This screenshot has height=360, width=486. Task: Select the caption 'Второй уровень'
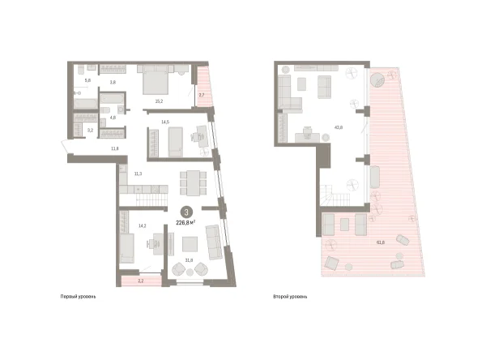(x=290, y=298)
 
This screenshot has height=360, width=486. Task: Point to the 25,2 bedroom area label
(x=160, y=102)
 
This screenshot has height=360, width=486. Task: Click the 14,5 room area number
(x=164, y=122)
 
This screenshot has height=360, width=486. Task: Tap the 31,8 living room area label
(x=189, y=260)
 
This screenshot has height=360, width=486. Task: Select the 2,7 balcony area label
(x=202, y=95)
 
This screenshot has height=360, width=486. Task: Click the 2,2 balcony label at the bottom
(x=140, y=281)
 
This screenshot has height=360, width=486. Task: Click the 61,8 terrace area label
(x=380, y=242)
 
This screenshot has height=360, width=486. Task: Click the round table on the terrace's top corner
(x=378, y=80)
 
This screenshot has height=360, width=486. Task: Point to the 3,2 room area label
(x=90, y=130)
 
